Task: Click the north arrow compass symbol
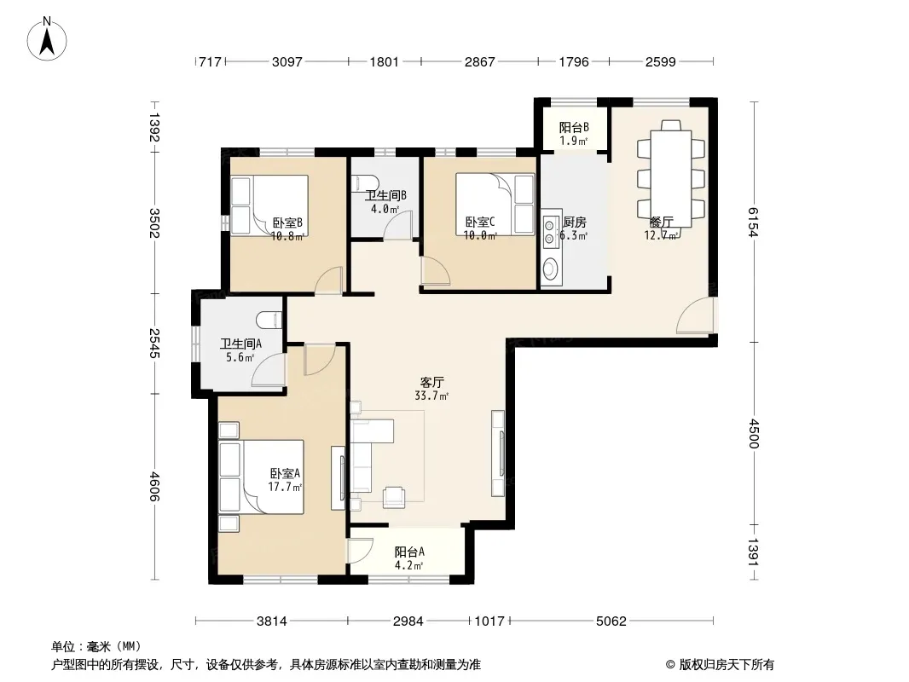click(47, 39)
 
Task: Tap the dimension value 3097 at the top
click(287, 61)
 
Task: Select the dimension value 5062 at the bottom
click(611, 621)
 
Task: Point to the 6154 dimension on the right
click(752, 222)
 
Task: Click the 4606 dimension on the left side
click(154, 486)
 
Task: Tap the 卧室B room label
click(287, 223)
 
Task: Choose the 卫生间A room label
click(240, 344)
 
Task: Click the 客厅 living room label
click(431, 383)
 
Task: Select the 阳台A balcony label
click(409, 552)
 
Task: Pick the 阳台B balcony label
click(574, 128)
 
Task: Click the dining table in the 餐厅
click(671, 178)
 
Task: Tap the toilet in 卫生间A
click(269, 320)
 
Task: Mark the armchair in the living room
click(395, 496)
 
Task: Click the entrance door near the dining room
click(697, 315)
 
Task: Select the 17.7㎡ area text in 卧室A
click(285, 488)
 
